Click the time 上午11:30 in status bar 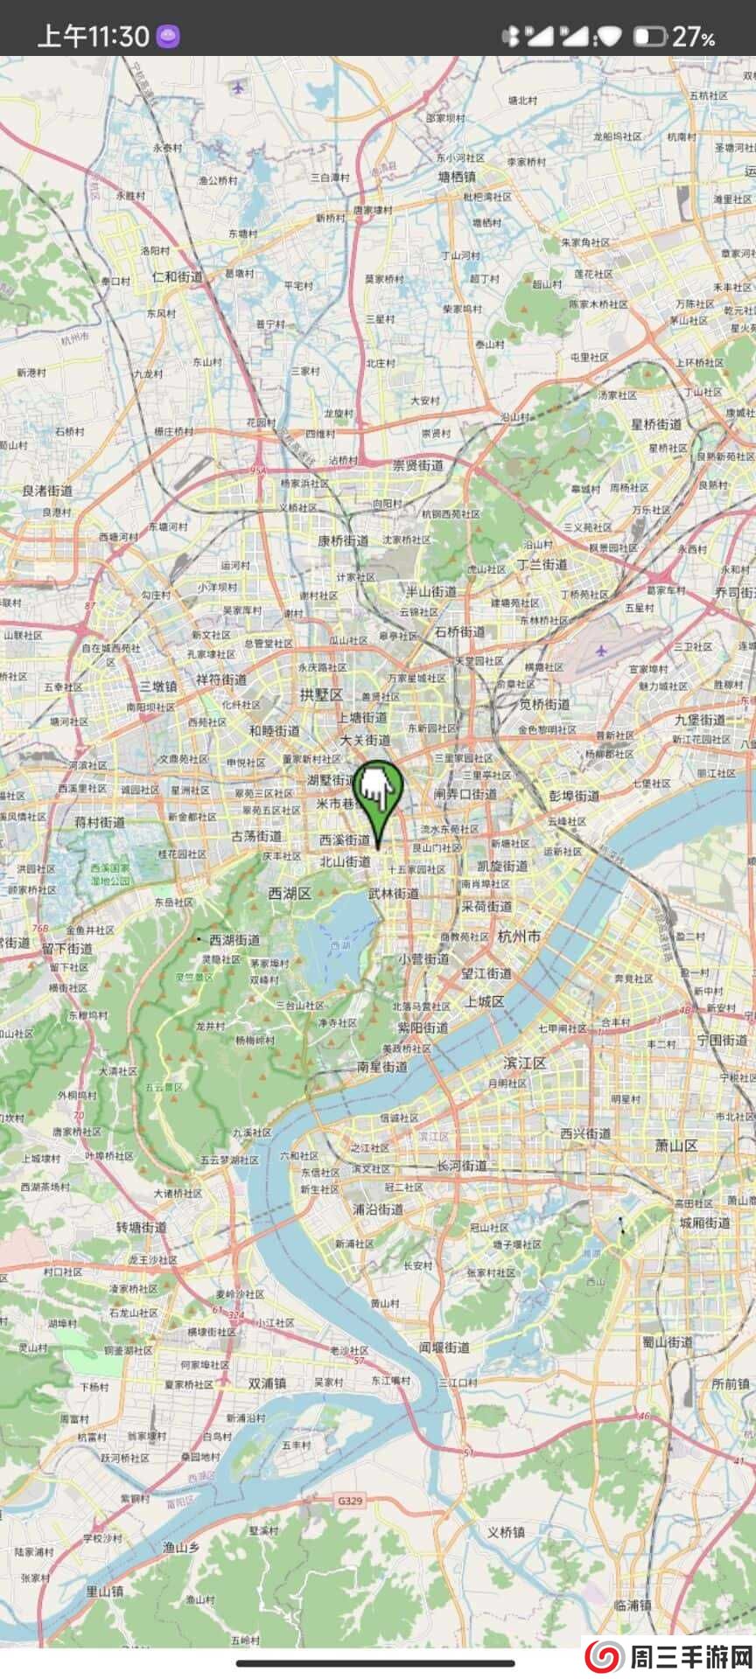click(x=93, y=36)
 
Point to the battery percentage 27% click(x=693, y=37)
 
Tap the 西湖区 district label click(x=290, y=894)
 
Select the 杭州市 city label click(x=519, y=936)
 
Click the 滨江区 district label click(x=525, y=1062)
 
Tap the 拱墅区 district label click(x=321, y=694)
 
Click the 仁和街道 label click(x=177, y=276)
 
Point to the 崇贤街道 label click(x=417, y=465)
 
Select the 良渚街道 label click(x=47, y=491)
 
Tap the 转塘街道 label click(x=141, y=1228)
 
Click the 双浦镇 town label click(x=267, y=1383)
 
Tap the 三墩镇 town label click(x=158, y=686)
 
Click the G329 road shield click(x=350, y=1501)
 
